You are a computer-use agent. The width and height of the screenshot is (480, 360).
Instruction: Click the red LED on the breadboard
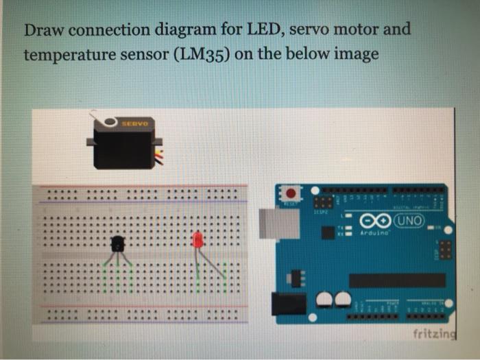(x=198, y=240)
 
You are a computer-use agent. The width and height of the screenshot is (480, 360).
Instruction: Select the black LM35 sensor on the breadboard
(x=117, y=243)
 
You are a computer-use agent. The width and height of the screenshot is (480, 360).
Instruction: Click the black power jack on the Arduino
(x=288, y=304)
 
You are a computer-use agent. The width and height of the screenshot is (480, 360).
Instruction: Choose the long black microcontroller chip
(x=397, y=280)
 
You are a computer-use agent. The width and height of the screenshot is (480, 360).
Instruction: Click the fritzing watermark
(x=433, y=334)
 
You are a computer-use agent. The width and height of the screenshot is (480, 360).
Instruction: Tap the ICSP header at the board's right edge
(x=444, y=250)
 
